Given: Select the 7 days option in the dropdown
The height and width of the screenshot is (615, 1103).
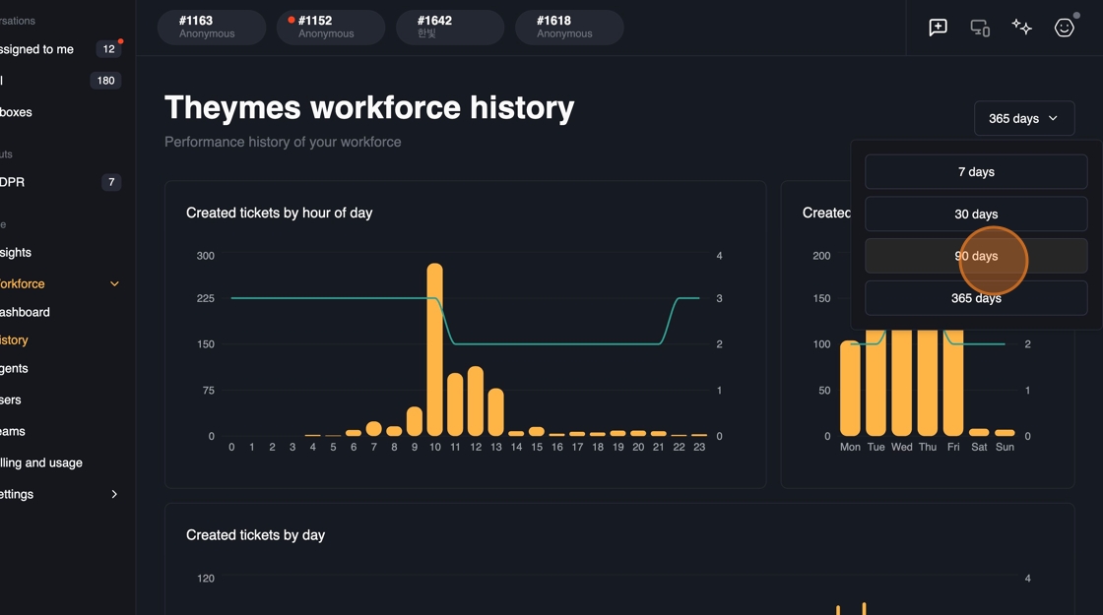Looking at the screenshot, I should point(976,172).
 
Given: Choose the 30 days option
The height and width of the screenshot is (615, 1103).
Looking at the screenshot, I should point(976,215).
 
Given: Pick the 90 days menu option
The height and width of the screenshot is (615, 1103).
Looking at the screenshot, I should point(976,256).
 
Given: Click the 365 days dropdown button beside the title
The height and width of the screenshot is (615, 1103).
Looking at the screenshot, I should point(1023,118).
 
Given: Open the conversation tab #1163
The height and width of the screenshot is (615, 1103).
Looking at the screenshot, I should point(211,27).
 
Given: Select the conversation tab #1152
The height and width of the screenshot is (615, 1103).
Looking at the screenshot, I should point(330,27).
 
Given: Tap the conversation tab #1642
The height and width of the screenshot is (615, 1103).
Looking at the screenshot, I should point(449,27).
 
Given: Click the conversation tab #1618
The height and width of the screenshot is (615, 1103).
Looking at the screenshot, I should point(568,27).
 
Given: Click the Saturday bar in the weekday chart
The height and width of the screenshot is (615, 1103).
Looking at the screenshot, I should point(979,432).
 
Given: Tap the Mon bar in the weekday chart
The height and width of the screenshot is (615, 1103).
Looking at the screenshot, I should point(850,388).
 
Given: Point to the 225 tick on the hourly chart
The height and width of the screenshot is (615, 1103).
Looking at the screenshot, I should point(205,298).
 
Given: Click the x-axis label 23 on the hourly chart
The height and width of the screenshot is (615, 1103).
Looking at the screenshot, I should point(699,447).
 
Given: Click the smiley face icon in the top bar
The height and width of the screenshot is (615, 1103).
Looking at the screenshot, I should point(1064,28).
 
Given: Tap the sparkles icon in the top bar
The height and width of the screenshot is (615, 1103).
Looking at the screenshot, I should point(1021,28).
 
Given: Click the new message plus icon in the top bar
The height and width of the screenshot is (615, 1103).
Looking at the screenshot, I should point(938,28).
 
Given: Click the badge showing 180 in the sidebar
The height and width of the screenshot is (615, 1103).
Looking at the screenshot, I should point(105,81).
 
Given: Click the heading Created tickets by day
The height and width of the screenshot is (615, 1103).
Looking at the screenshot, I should point(255,535).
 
